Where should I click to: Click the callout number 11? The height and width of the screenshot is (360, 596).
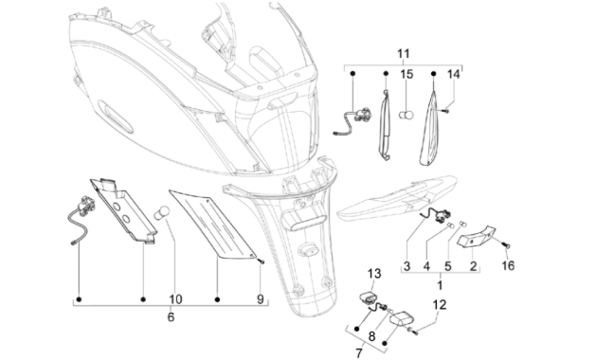(x=405, y=51)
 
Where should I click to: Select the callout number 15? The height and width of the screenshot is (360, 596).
(x=406, y=74)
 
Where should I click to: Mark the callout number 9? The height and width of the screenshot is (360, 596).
(x=373, y=335)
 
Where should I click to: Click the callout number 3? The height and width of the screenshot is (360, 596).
(x=406, y=267)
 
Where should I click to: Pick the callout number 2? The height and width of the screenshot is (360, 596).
(x=474, y=267)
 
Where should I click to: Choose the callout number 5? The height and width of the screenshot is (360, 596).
(x=448, y=267)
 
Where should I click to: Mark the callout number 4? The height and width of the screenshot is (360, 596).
(x=426, y=267)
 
